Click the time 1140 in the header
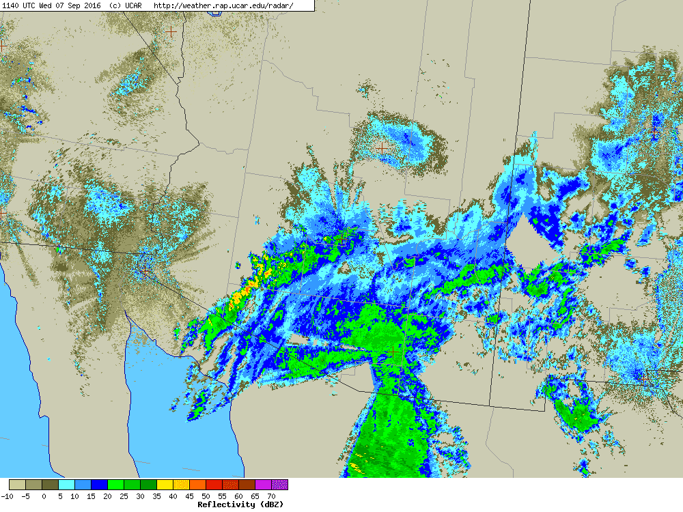pos(12,5)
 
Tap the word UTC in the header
pos(31,5)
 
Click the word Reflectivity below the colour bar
pos(226,504)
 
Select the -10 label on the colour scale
pos(8,496)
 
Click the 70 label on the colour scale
pos(270,496)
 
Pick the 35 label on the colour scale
pos(156,496)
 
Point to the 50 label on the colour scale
pos(206,496)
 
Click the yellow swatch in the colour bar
pos(165,485)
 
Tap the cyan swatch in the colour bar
pos(66,485)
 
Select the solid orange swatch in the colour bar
pos(197,485)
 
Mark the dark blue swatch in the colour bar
pos(99,485)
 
